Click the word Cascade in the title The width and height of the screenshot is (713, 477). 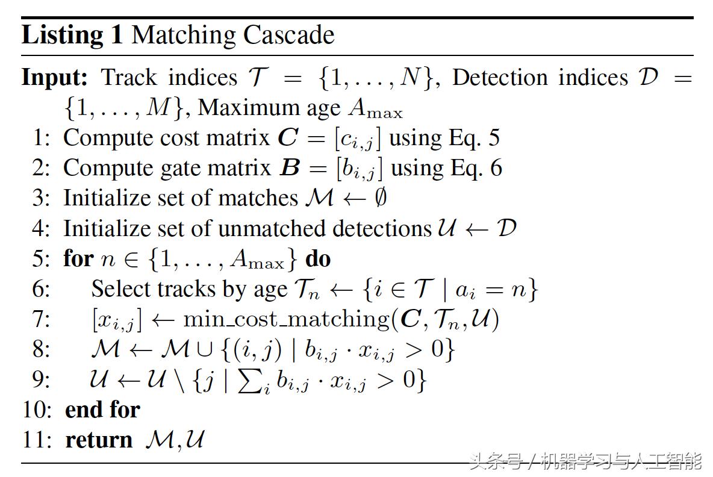coord(288,36)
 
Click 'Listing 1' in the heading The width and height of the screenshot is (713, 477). coord(72,36)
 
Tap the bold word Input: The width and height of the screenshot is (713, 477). coord(55,78)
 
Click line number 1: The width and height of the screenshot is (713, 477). coord(42,138)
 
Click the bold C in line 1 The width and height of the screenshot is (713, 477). coord(287,138)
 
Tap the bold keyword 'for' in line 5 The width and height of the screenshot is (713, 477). coord(78,259)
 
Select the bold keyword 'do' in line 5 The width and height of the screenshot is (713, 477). coord(318,259)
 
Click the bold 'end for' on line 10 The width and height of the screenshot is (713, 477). coord(102,410)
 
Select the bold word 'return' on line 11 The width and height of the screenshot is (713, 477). coord(99,440)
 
